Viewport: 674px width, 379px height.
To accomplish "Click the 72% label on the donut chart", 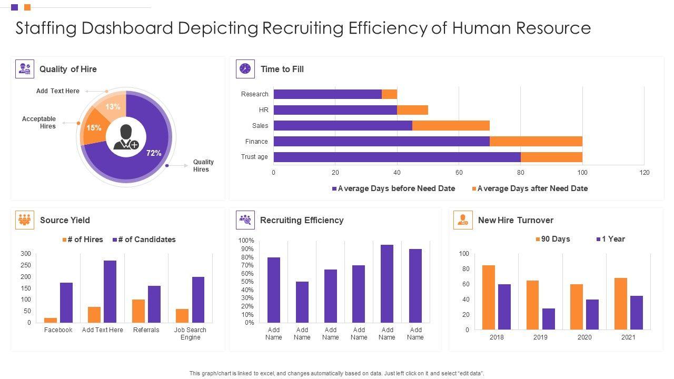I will (x=153, y=153).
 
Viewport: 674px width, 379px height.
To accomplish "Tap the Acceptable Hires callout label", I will (x=39, y=123).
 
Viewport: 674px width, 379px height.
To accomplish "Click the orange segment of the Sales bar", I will (x=451, y=126).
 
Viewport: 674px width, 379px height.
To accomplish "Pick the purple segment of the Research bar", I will (x=328, y=94).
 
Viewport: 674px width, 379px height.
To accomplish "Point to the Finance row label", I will (x=256, y=142).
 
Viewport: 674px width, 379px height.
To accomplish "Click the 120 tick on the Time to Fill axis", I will (x=644, y=173).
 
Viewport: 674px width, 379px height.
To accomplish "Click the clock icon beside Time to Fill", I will (x=245, y=69).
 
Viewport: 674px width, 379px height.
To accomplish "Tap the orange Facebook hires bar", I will (x=51, y=320).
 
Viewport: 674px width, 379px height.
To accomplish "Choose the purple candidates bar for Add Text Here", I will (x=110, y=292).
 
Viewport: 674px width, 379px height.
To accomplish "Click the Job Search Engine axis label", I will (x=190, y=334).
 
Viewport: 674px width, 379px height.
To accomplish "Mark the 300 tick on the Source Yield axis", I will (x=26, y=254).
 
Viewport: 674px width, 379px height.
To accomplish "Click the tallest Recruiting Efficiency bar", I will (x=387, y=284).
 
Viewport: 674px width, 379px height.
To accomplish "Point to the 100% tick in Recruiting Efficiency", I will (x=246, y=241).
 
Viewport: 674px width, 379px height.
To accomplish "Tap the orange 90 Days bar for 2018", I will (x=489, y=297).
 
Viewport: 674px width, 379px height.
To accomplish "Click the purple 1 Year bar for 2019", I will (x=549, y=319).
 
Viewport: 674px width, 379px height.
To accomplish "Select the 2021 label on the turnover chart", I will (x=628, y=337).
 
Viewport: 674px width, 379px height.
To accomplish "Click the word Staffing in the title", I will (x=47, y=28).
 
